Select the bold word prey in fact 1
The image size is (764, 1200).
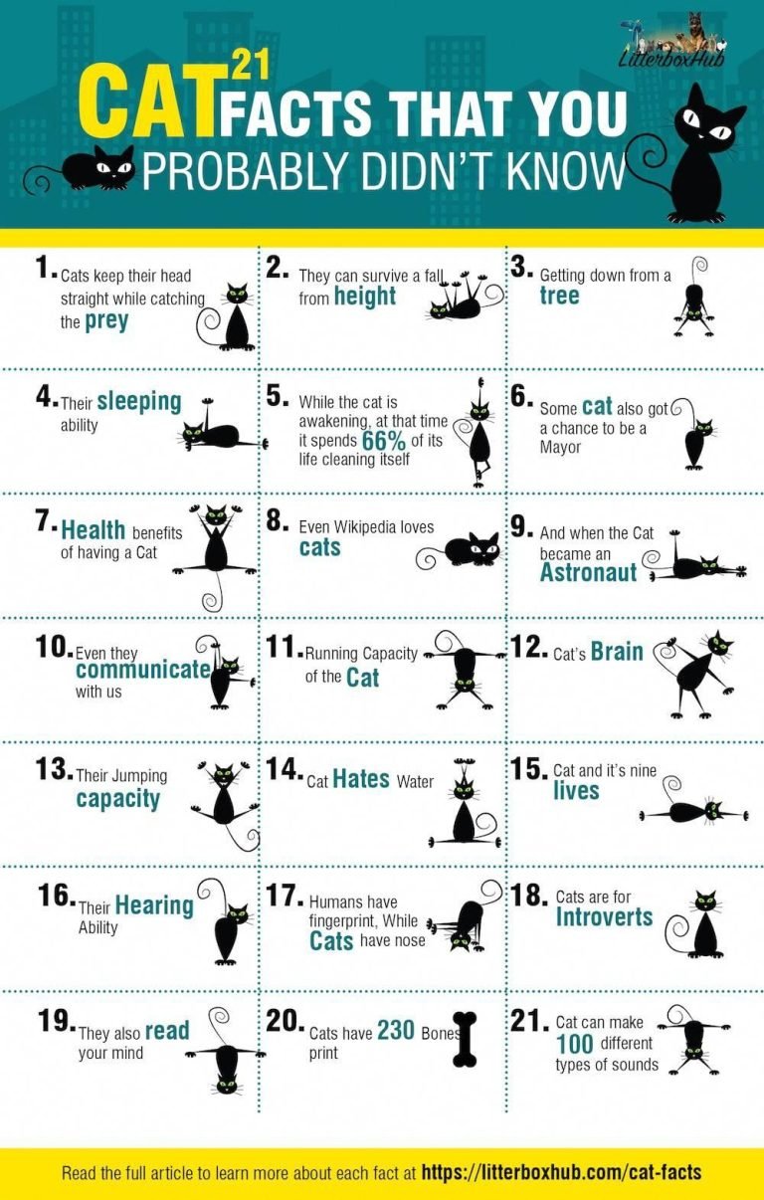[x=106, y=321]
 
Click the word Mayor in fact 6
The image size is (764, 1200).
[x=560, y=447]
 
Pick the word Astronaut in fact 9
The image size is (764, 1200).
[x=588, y=572]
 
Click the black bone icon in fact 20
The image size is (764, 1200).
[x=464, y=1039]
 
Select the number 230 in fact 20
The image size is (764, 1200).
[x=395, y=1032]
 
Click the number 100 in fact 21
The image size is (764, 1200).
[x=575, y=1044]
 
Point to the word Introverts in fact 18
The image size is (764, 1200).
[x=604, y=916]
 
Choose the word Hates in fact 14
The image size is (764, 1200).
[x=361, y=780]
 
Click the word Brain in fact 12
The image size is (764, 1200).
[x=617, y=652]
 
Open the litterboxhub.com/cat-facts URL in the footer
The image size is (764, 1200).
[x=562, y=1172]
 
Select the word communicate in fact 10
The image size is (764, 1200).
[x=142, y=670]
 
